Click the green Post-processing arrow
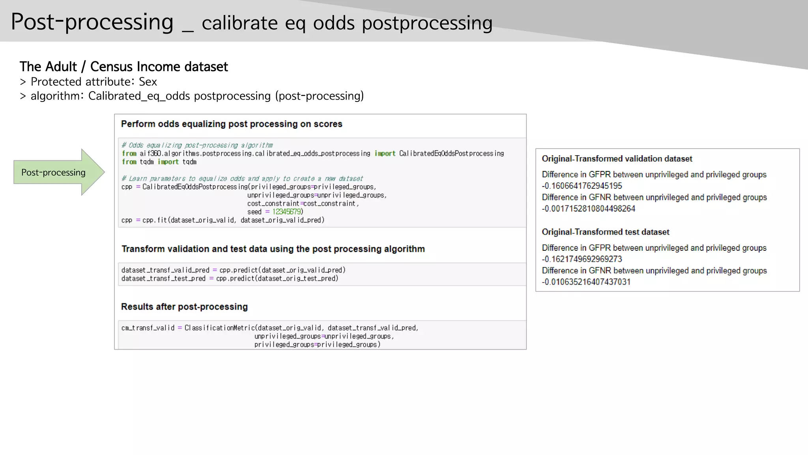click(55, 172)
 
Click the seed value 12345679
click(287, 212)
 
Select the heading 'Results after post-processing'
click(184, 306)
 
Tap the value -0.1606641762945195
click(582, 186)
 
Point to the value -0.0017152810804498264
click(588, 209)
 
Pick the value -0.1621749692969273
click(582, 259)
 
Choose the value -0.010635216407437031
click(586, 282)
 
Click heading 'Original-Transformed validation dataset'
click(617, 159)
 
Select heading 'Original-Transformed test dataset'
click(605, 232)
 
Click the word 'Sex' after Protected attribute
click(148, 82)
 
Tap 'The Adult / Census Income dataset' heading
click(123, 66)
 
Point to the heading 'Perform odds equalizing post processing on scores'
click(232, 124)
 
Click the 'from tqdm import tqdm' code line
click(159, 162)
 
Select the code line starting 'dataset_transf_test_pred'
click(230, 278)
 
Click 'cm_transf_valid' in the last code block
click(148, 328)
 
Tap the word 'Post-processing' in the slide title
click(92, 22)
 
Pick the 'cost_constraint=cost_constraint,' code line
click(303, 203)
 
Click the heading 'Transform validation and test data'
click(273, 249)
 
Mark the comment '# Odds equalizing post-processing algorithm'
click(197, 145)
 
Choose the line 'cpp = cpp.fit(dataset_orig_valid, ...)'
click(223, 220)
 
